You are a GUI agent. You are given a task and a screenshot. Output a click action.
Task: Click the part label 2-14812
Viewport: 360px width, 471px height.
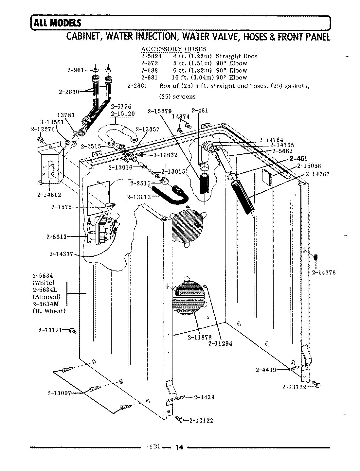click(x=49, y=195)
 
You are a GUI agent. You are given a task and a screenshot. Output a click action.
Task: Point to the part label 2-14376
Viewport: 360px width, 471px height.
click(x=324, y=272)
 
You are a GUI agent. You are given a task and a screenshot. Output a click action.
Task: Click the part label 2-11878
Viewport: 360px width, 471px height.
click(x=200, y=337)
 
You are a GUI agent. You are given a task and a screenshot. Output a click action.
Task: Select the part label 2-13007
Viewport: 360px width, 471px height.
click(x=59, y=393)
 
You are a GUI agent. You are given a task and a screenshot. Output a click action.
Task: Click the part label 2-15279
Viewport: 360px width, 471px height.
click(x=159, y=111)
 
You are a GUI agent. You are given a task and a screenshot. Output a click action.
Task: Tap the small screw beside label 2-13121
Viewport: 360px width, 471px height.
click(x=73, y=331)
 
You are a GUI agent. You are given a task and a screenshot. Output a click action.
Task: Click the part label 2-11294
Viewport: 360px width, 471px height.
click(x=220, y=343)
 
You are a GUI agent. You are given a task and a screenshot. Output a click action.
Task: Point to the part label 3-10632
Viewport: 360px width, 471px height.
click(x=165, y=155)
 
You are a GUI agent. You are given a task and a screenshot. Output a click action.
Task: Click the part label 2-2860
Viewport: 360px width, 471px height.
click(x=69, y=92)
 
